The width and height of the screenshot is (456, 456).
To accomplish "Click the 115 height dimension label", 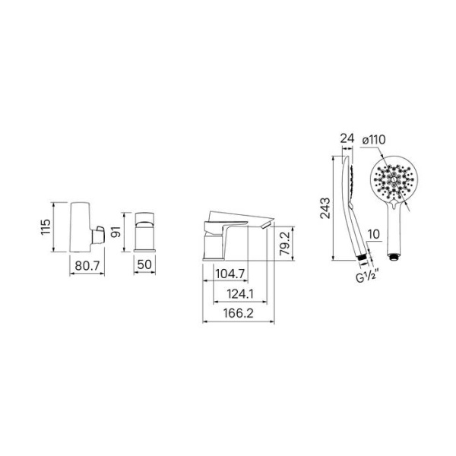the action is (x=46, y=226).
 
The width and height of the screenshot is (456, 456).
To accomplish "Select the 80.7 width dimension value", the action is (x=87, y=265).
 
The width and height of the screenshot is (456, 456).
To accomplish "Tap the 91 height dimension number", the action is (x=116, y=232).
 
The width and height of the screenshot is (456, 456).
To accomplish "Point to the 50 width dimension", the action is (x=144, y=264).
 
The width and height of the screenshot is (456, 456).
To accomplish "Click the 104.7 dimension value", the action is (x=231, y=274).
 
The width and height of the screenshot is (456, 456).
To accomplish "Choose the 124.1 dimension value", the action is (x=240, y=294).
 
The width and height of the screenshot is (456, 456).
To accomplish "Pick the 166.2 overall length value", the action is (x=239, y=313).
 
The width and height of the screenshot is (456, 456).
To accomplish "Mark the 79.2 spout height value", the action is (x=285, y=243).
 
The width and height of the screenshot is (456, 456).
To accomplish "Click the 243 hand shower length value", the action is (x=325, y=208).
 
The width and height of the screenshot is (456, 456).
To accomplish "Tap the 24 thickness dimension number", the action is (x=347, y=139).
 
